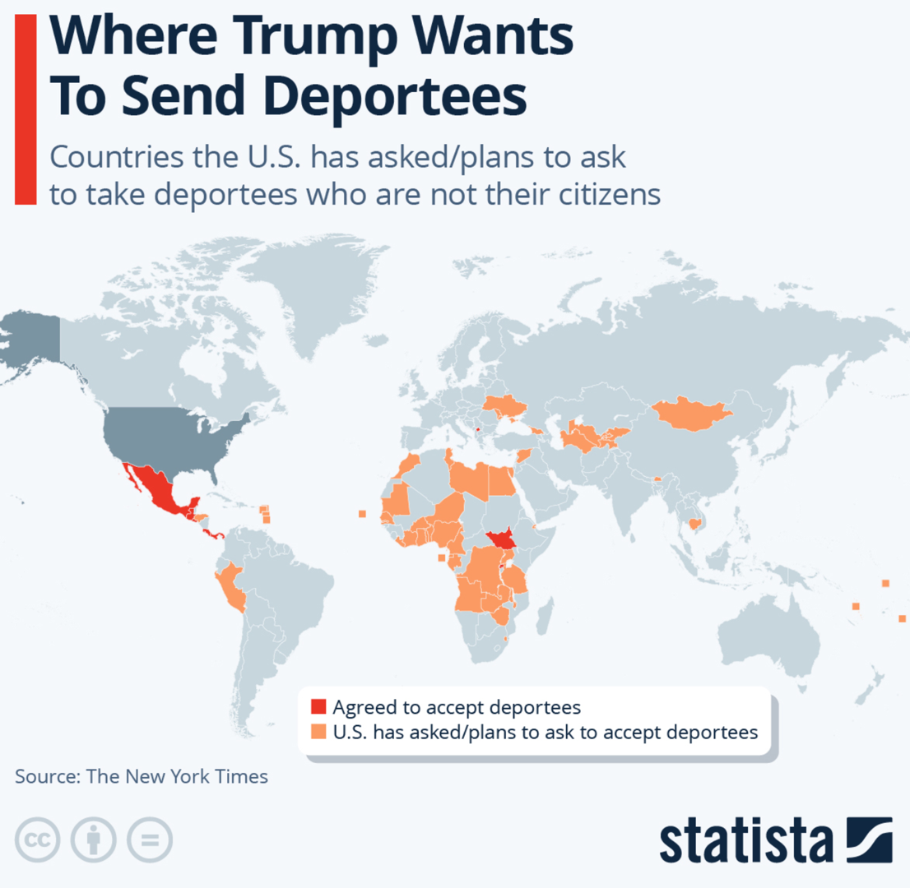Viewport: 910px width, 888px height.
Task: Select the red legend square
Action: pos(318,707)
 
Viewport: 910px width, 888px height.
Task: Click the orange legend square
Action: pos(318,732)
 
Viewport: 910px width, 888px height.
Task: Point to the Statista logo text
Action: pos(745,840)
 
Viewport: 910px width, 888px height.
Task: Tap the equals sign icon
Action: pos(149,839)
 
